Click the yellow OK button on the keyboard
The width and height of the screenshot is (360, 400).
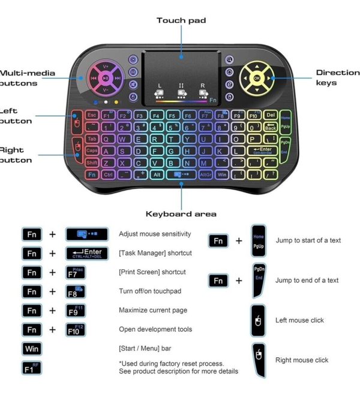pyautogui.click(x=257, y=78)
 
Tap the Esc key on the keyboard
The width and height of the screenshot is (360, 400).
pyautogui.click(x=92, y=114)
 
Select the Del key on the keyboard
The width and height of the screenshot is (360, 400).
pyautogui.click(x=270, y=115)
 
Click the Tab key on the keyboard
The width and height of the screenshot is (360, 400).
pyautogui.click(x=92, y=139)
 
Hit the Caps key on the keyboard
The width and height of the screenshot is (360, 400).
pyautogui.click(x=92, y=151)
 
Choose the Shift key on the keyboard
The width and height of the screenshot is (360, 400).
pyautogui.click(x=92, y=163)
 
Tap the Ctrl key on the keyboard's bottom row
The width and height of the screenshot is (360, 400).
pyautogui.click(x=108, y=175)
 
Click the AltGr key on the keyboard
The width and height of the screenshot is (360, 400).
pyautogui.click(x=206, y=175)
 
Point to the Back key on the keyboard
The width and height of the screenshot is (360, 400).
pyautogui.click(x=271, y=127)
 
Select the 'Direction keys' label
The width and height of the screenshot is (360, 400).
pyautogui.click(x=337, y=77)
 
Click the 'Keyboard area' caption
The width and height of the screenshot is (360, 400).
pyautogui.click(x=181, y=214)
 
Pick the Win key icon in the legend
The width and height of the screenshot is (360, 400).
pyautogui.click(x=31, y=348)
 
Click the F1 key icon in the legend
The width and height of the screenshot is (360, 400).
pyautogui.click(x=31, y=368)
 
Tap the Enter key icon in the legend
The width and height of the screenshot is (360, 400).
pyautogui.click(x=87, y=253)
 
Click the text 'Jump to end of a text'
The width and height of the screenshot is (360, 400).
pyautogui.click(x=307, y=280)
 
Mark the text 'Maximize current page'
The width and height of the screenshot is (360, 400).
pyautogui.click(x=153, y=310)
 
